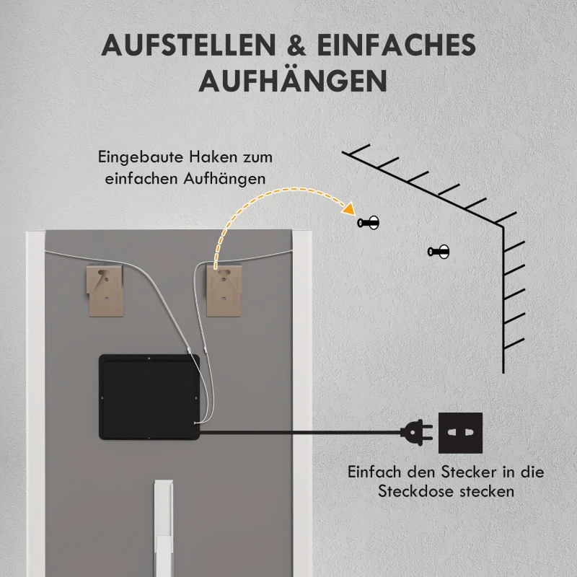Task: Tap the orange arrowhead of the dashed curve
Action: tap(349, 210)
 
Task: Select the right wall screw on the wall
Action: tap(439, 252)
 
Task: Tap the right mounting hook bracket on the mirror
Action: tap(226, 288)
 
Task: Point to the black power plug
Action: tap(414, 433)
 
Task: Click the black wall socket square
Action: tap(460, 433)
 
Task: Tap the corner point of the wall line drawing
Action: tap(503, 226)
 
